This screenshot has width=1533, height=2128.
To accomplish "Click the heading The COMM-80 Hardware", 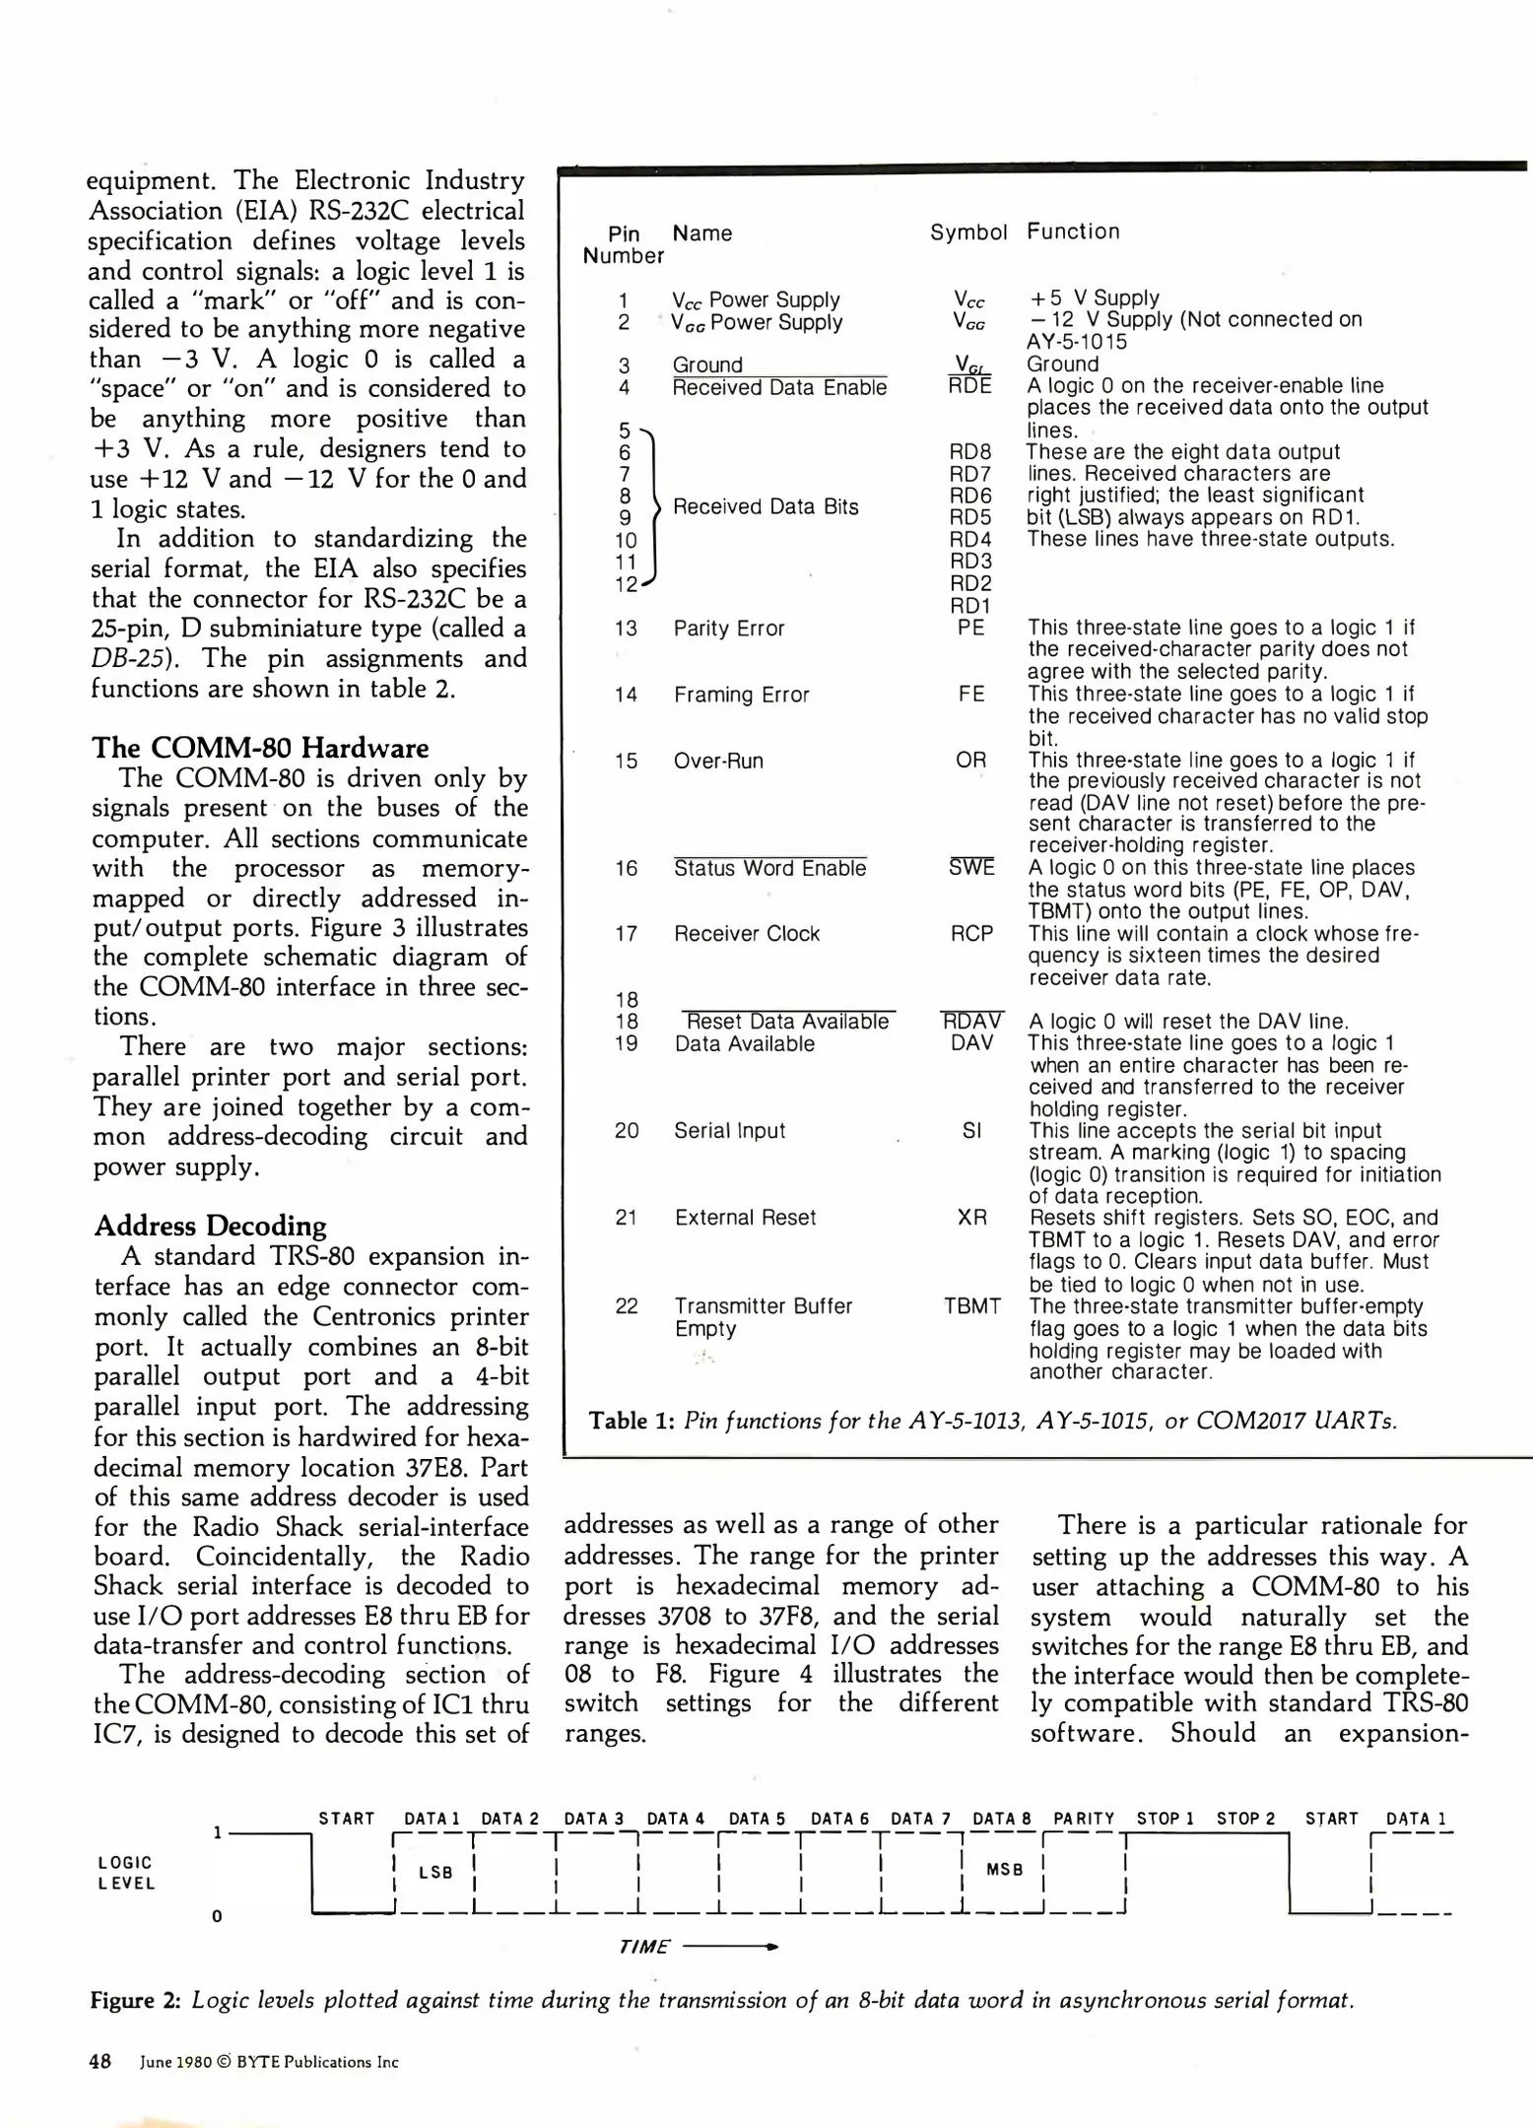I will [260, 748].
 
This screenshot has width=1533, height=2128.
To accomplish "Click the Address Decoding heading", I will [210, 1226].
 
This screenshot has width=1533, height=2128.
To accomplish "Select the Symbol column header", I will [967, 233].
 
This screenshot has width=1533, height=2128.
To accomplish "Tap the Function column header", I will [1073, 232].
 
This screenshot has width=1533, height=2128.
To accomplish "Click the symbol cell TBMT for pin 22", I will [971, 1306].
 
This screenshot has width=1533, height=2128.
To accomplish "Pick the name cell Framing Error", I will [741, 695].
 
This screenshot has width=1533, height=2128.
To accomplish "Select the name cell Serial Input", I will [729, 1131].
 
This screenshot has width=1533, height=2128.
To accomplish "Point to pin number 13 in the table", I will [626, 629].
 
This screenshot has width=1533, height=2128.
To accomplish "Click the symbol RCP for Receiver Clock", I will [971, 934].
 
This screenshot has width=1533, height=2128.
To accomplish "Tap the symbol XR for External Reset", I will [971, 1218].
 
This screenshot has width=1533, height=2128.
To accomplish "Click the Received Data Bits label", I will [766, 506].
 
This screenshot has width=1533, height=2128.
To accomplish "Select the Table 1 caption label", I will [630, 1421].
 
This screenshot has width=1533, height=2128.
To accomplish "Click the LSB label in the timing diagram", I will [435, 1872].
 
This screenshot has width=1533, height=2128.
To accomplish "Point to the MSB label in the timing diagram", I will [1004, 1869].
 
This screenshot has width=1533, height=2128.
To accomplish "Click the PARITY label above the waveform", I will [1083, 1819].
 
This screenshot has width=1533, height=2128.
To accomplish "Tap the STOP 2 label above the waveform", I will [1245, 1819].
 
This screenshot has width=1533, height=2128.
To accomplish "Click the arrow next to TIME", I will [730, 1947].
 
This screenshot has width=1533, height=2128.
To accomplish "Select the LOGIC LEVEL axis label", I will [126, 1873].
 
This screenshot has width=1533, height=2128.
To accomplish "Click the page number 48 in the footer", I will [100, 2061].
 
